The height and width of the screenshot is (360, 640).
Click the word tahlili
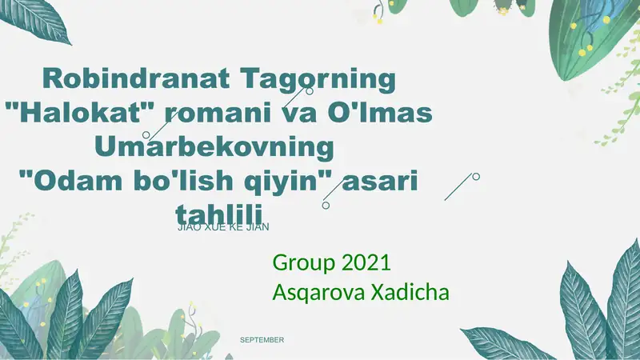tap(230, 214)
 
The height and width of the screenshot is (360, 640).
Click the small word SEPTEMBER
tap(262, 340)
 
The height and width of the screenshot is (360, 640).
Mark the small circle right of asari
tap(476, 176)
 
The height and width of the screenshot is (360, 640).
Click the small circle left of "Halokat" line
tap(146, 134)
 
